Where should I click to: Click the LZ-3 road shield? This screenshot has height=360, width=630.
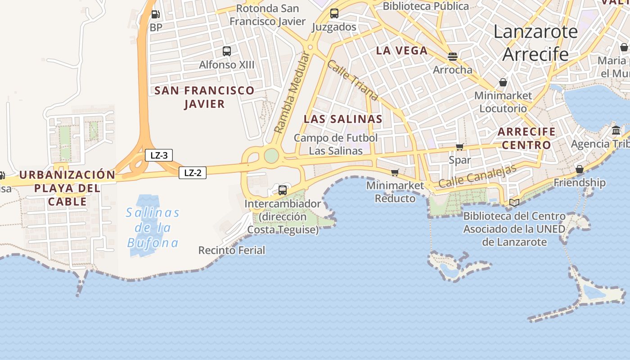pyautogui.click(x=159, y=156)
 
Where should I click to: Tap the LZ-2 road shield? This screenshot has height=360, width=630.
pyautogui.click(x=193, y=173)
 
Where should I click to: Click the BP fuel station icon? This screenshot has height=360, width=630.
pyautogui.click(x=155, y=15)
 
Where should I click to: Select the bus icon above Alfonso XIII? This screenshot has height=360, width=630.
pyautogui.click(x=227, y=51)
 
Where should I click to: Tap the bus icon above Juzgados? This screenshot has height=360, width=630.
pyautogui.click(x=334, y=13)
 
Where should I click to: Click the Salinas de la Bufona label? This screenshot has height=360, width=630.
pyautogui.click(x=153, y=228)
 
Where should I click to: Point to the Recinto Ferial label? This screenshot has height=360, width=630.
pyautogui.click(x=232, y=250)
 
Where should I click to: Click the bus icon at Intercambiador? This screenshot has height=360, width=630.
pyautogui.click(x=283, y=190)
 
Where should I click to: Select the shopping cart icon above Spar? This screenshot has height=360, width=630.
pyautogui.click(x=459, y=147)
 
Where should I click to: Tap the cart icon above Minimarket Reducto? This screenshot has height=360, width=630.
pyautogui.click(x=395, y=172)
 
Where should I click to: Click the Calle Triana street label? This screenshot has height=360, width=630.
pyautogui.click(x=352, y=81)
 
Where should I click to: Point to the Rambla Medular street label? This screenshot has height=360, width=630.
pyautogui.click(x=292, y=93)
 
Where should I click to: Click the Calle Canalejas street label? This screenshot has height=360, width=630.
pyautogui.click(x=477, y=176)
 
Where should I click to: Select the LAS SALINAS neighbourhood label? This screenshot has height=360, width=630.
pyautogui.click(x=343, y=119)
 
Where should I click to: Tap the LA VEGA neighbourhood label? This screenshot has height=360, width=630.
pyautogui.click(x=401, y=51)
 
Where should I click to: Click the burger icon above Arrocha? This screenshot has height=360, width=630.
pyautogui.click(x=453, y=57)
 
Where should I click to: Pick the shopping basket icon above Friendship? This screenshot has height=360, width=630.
pyautogui.click(x=580, y=170)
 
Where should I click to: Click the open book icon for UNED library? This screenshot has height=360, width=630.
pyautogui.click(x=514, y=203)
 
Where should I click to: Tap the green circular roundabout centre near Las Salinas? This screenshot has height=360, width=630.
pyautogui.click(x=271, y=156)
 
